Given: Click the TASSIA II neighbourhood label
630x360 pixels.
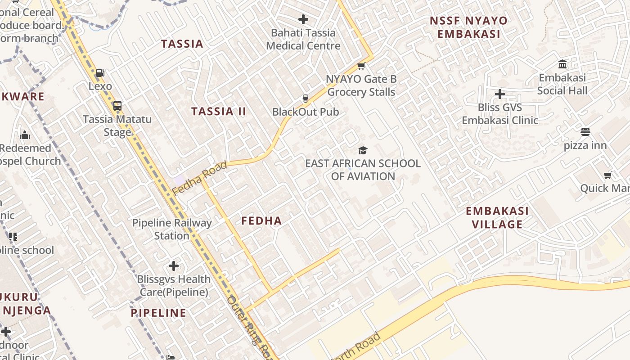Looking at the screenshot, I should pos(219,112).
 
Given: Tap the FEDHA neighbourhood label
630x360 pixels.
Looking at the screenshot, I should pos(261,220).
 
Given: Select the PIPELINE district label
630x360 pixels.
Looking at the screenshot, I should pos(158,313).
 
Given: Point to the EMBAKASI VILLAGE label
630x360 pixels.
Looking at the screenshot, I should pos(497,217).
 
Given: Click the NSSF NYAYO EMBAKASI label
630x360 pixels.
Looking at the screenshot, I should pos(468,27).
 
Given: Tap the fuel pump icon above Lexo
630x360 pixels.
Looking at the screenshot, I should pos(100,73).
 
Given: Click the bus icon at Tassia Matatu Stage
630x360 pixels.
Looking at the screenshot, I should pos(117,106).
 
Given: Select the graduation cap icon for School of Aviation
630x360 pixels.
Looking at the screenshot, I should pos(363,150).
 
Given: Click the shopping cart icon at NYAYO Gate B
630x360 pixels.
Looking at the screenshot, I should pos(360,66).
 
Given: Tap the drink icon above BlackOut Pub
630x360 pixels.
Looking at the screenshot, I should pos(305,99).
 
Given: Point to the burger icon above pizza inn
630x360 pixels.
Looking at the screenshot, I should pos(585,132).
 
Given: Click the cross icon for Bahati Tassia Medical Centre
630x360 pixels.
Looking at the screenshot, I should pos(303,19).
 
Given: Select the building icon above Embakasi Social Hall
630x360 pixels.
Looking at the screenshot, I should pos(562,64).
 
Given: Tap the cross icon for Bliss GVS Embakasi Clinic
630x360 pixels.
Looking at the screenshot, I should pos(499,94).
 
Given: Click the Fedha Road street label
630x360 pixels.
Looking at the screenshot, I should pos(199,179).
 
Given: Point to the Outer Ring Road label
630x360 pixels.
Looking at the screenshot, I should pos(249,326).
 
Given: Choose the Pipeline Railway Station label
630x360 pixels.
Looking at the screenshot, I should pos(171,229).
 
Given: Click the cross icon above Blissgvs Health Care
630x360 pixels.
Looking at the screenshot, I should pos(173,266).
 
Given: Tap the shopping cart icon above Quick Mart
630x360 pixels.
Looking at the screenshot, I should pos(607,175).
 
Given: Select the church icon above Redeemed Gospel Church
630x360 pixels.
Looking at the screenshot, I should pos(25,135).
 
